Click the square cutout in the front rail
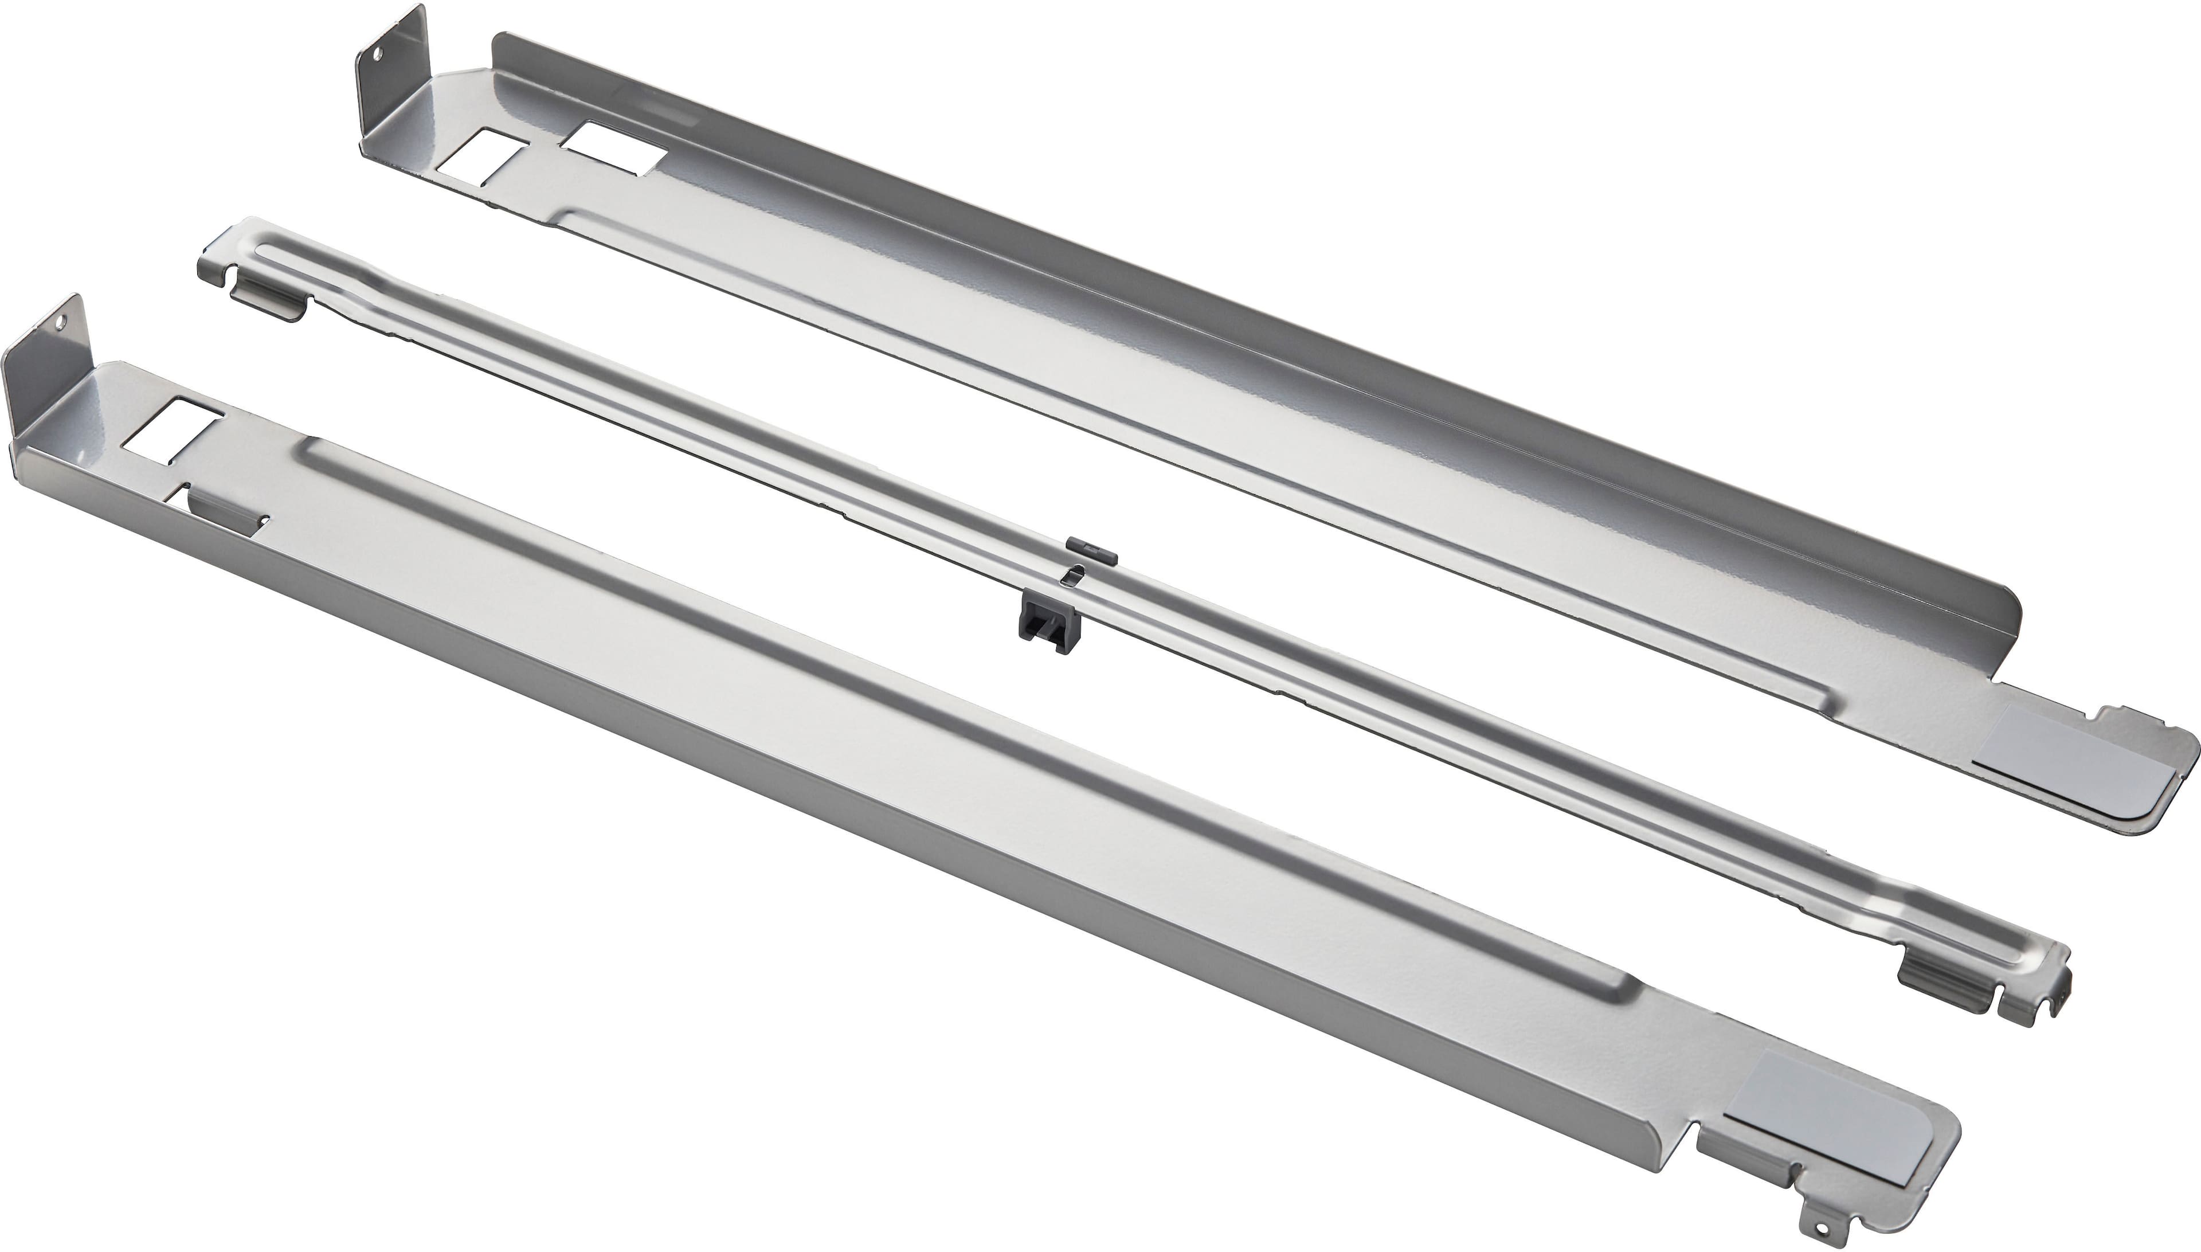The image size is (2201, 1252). [174, 428]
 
